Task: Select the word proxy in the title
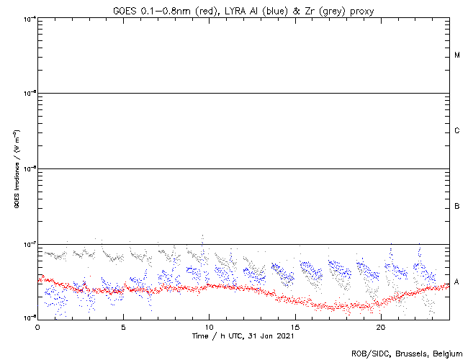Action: [338, 9]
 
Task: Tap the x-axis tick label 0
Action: [37, 325]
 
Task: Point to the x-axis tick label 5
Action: [123, 325]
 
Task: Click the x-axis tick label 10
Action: [209, 325]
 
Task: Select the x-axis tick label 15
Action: [294, 325]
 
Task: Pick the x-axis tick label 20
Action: [380, 325]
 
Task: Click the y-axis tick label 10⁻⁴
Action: [30, 18]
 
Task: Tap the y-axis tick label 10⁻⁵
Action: [30, 94]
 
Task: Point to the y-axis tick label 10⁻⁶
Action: [30, 168]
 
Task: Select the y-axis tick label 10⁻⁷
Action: [30, 244]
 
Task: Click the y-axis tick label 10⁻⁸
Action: [30, 318]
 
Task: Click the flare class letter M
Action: [457, 55]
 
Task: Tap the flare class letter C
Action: [457, 131]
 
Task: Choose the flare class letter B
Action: [457, 207]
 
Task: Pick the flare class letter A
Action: [457, 282]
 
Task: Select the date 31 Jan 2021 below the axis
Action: [272, 336]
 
